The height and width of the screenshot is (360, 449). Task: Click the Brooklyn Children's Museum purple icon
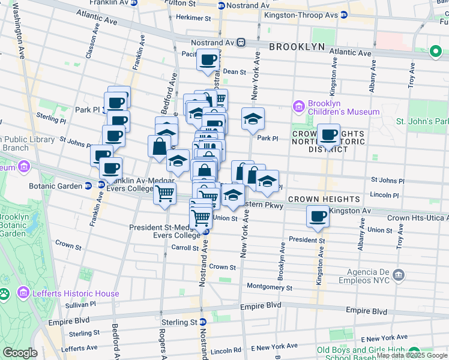tap(299, 106)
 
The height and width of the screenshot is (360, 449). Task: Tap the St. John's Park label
tap(421, 121)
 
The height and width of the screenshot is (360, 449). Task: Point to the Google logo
tap(20, 353)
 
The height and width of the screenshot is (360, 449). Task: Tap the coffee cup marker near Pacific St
tap(208, 60)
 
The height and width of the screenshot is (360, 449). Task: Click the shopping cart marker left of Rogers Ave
tap(164, 194)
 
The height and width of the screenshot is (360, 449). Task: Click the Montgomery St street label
tap(269, 287)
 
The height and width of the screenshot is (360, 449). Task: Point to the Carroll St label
tap(185, 247)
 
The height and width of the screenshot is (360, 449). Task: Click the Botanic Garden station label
tap(56, 186)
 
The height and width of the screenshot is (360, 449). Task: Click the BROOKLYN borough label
tap(297, 47)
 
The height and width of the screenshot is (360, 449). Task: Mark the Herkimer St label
tap(190, 17)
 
